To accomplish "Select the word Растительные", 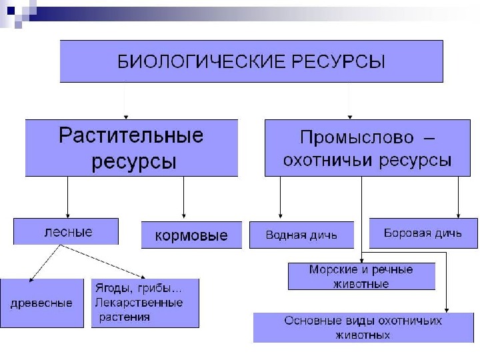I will [131, 136].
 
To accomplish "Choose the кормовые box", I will [191, 235].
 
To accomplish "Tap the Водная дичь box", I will [301, 235].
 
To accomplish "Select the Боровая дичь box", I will [423, 233].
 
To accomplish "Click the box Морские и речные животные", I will [361, 276].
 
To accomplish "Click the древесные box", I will [41, 303].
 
